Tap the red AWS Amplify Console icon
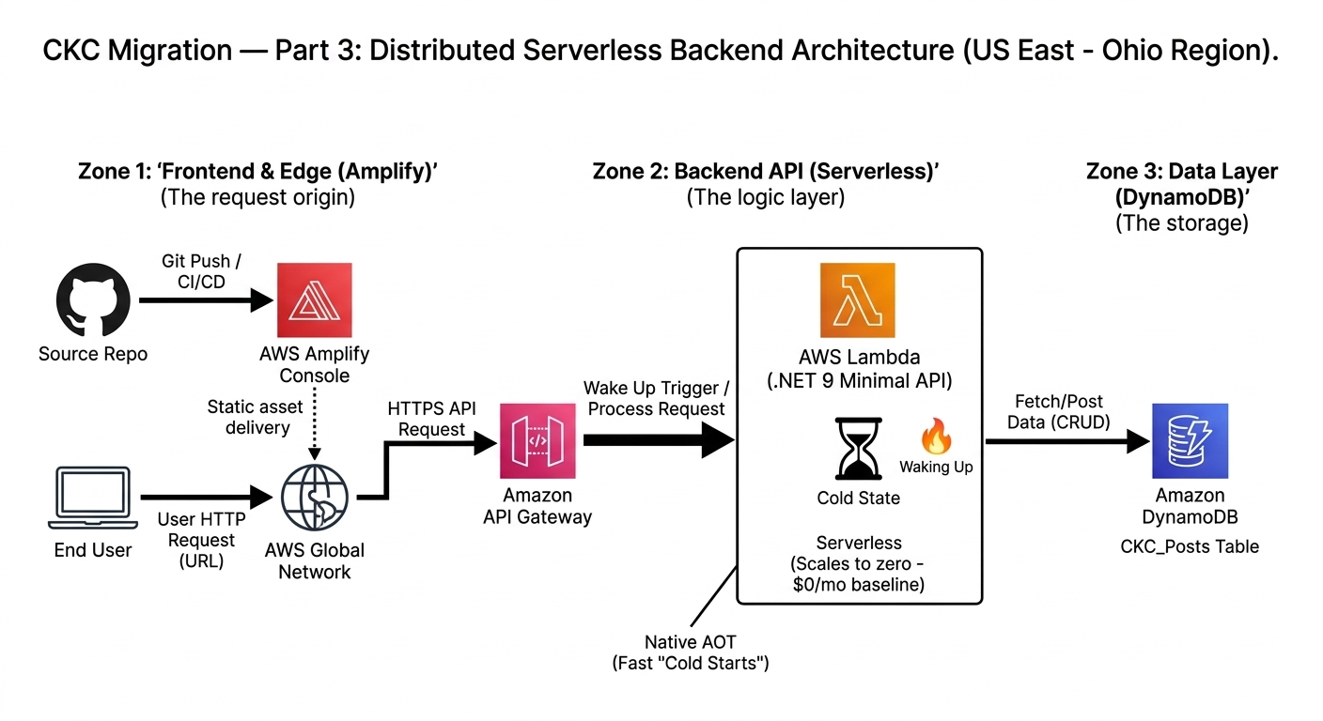(x=314, y=300)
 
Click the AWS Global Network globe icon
(x=315, y=498)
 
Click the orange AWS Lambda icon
(x=857, y=299)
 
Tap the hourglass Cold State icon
(x=858, y=450)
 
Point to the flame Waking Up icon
(x=936, y=436)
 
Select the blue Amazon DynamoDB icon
(x=1190, y=440)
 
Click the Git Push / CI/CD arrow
(x=202, y=300)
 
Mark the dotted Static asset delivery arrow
(x=315, y=422)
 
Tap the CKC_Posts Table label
(x=1190, y=546)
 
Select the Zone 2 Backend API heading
(x=766, y=171)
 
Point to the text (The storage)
(x=1181, y=223)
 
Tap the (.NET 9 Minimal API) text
(x=858, y=381)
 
